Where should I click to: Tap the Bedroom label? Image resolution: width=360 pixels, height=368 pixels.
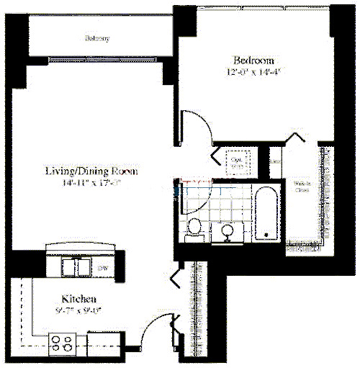pyautogui.click(x=253, y=59)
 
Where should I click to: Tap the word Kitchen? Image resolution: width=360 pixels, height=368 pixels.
pyautogui.click(x=78, y=298)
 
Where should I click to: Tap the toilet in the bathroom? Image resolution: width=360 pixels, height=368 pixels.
pyautogui.click(x=193, y=228)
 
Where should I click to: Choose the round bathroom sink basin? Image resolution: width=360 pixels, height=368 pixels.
pyautogui.click(x=228, y=232)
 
